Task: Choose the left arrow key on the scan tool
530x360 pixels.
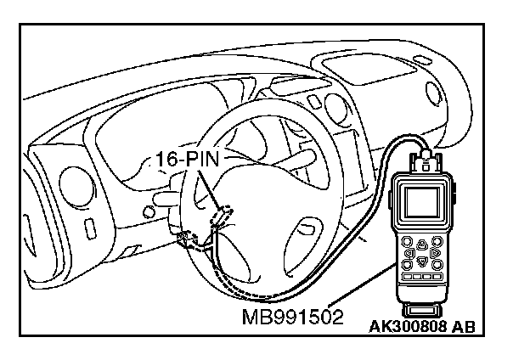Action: pos(409,253)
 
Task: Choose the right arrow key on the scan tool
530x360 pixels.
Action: pos(434,253)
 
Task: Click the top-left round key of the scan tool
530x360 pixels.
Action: pos(409,241)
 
